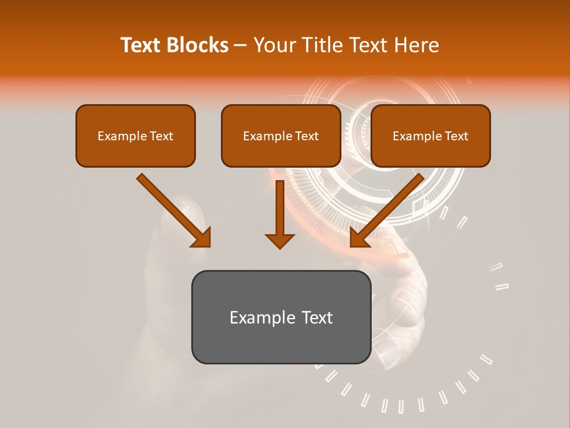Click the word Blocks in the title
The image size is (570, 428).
[x=197, y=45]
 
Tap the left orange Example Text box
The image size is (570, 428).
[x=135, y=136]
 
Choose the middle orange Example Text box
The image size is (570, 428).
[x=281, y=136]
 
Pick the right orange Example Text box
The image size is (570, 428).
[x=430, y=136]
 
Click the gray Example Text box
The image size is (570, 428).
[x=281, y=317]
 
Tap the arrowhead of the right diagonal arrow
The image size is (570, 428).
[x=360, y=237]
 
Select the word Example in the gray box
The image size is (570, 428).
[x=262, y=317]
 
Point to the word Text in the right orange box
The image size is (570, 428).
[x=456, y=136]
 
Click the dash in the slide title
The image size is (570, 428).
[x=240, y=45]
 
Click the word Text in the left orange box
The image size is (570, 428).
[x=161, y=136]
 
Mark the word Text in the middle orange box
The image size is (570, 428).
[x=306, y=136]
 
